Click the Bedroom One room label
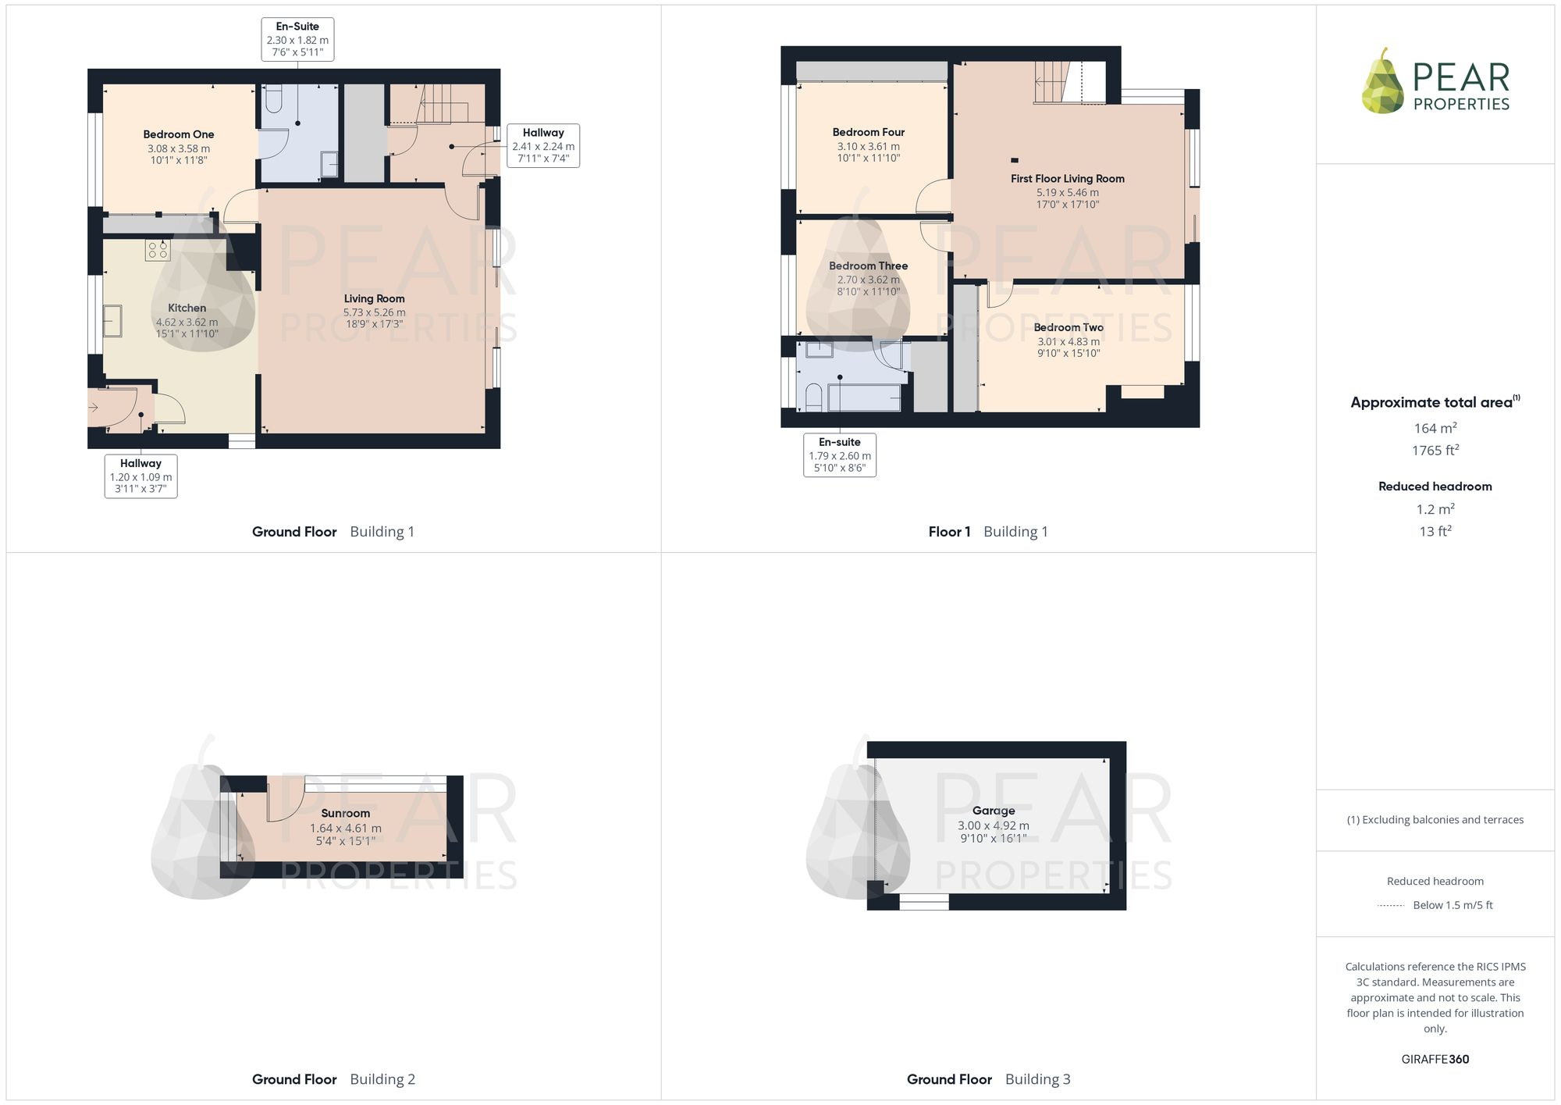tap(178, 134)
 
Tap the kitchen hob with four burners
tap(157, 250)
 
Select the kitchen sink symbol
tap(112, 321)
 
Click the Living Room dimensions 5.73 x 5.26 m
tap(374, 312)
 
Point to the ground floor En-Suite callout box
tap(297, 39)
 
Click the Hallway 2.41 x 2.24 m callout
tap(543, 145)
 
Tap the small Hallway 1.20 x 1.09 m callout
tap(140, 476)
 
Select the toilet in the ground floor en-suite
tap(273, 100)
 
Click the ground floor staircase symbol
tap(437, 103)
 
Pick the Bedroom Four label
tap(868, 132)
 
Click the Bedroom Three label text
tap(868, 266)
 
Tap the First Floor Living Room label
tap(1067, 179)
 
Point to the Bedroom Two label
tap(1068, 327)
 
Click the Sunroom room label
tap(345, 813)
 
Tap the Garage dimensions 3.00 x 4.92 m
tap(993, 825)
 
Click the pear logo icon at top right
tap(1382, 81)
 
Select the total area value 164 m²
tap(1435, 428)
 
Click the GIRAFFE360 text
tap(1435, 1059)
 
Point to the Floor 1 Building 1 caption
tap(987, 532)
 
